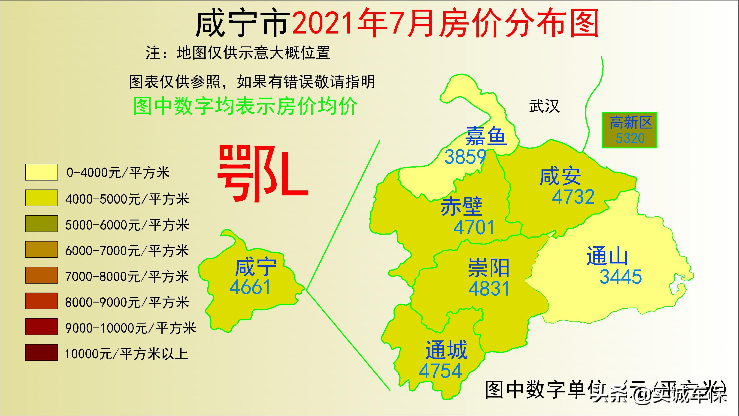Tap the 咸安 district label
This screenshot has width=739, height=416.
(560, 177)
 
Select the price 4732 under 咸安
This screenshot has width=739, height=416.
(573, 197)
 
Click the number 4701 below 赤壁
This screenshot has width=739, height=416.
(474, 227)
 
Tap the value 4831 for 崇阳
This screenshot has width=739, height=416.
(489, 288)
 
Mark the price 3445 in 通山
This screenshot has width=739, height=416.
(621, 277)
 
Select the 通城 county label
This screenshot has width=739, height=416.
(446, 350)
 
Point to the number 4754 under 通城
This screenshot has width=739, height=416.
(440, 371)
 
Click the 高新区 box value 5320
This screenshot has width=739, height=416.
(630, 138)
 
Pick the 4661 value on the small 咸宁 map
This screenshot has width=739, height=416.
(250, 287)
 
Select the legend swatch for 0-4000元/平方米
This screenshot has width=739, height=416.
(42, 172)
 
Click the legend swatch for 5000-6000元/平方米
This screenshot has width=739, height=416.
(42, 224)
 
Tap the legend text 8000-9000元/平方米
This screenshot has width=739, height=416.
(127, 303)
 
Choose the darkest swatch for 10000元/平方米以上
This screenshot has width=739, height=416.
(42, 352)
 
